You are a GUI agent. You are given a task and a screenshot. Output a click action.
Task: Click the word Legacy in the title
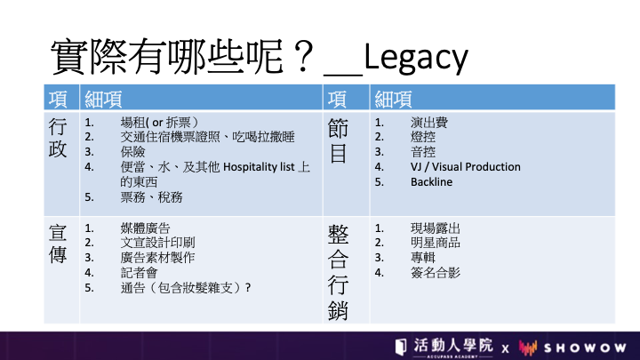[x=415, y=58]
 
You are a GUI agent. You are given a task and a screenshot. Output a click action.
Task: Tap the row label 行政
[x=58, y=138]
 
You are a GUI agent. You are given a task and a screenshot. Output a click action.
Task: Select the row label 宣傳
[x=58, y=244]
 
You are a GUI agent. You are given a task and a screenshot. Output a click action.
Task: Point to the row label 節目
[x=338, y=140]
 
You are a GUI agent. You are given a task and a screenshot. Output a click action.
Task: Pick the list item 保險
[x=132, y=152]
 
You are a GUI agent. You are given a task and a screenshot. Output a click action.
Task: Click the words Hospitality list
[x=259, y=167]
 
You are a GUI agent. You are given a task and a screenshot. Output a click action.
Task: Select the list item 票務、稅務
[x=151, y=197]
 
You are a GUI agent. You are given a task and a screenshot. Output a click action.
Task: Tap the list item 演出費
[x=429, y=122]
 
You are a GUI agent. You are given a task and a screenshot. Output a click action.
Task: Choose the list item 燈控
[x=423, y=137]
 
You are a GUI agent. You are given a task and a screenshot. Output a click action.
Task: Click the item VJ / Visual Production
[x=465, y=167]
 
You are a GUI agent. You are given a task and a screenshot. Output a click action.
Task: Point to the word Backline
[x=431, y=181]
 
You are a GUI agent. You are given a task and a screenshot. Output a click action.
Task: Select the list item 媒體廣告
[x=145, y=228]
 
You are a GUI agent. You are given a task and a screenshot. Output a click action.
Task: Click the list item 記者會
[x=139, y=272]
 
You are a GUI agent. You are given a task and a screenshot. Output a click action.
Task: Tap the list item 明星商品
[x=435, y=243]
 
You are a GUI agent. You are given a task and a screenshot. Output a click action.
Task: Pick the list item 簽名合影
[x=435, y=272]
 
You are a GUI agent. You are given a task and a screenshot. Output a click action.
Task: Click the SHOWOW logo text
[x=585, y=348]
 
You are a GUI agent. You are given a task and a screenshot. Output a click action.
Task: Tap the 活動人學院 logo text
[x=453, y=345]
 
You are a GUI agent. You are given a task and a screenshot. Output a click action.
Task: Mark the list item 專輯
[x=423, y=257]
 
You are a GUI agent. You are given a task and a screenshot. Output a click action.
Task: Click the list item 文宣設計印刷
[x=157, y=243]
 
